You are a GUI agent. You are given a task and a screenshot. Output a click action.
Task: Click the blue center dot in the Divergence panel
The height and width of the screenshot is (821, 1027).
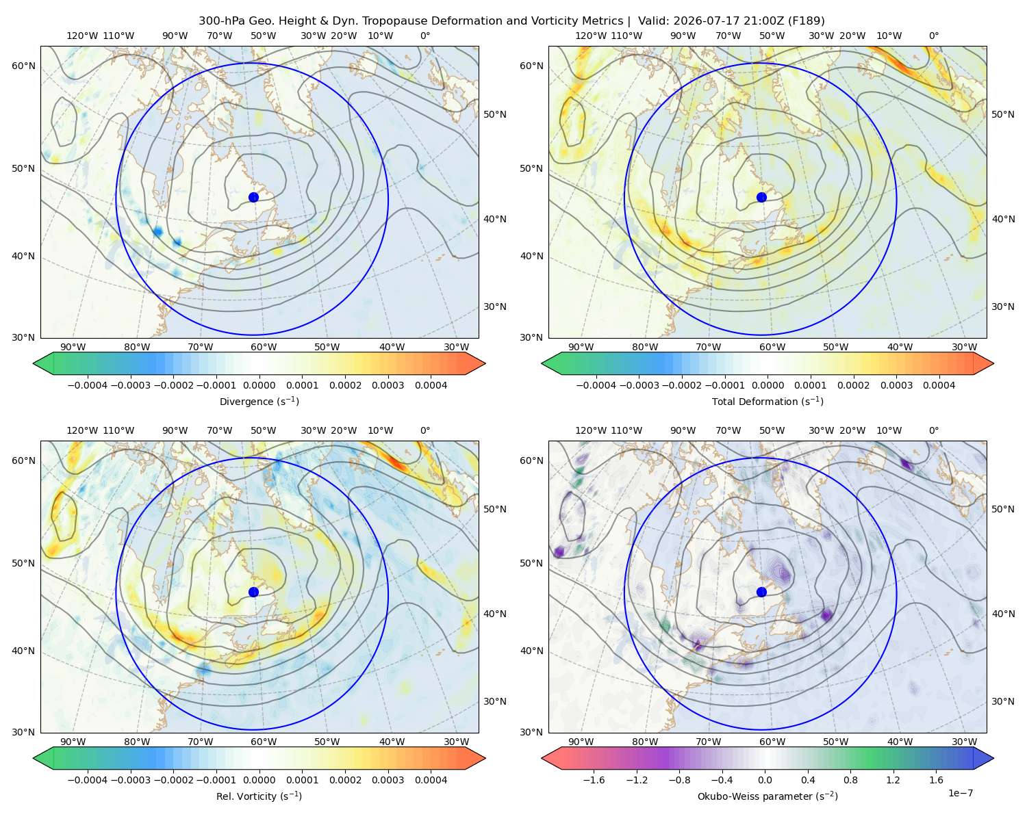pos(253,197)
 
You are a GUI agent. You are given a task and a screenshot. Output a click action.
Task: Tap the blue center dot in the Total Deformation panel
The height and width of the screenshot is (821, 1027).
pos(761,197)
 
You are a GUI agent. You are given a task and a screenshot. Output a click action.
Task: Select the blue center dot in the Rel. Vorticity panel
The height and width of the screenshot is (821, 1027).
pos(253,592)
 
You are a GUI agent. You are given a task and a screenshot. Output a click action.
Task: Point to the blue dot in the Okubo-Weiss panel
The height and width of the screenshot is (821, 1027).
pos(761,592)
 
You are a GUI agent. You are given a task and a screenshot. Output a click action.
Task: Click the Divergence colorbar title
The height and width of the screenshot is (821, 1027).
pos(259,402)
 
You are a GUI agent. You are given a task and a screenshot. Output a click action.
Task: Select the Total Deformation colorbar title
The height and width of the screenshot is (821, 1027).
pos(768,402)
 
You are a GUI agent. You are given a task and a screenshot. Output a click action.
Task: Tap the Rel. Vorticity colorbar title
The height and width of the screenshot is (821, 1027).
pos(259,796)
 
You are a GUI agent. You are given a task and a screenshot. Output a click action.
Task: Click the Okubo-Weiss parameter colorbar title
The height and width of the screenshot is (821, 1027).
pos(768,796)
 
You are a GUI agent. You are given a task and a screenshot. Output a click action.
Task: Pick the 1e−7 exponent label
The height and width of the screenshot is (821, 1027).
pos(960,794)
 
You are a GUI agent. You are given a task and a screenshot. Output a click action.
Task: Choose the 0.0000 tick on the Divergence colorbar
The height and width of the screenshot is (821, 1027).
pos(259,385)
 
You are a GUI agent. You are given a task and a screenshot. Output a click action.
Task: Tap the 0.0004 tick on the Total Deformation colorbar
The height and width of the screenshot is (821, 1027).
pos(939,385)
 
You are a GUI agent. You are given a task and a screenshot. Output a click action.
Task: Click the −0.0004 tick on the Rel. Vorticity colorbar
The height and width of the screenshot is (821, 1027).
pos(88,780)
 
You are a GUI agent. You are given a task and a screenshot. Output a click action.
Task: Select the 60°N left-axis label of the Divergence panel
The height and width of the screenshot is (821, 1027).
pos(23,66)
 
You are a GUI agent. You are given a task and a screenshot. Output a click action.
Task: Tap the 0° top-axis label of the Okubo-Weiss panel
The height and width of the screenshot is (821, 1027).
pos(933,430)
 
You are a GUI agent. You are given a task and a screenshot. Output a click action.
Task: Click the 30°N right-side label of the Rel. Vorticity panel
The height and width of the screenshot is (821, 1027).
pos(495,701)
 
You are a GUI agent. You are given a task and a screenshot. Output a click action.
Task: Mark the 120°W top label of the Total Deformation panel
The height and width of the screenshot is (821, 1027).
pos(590,36)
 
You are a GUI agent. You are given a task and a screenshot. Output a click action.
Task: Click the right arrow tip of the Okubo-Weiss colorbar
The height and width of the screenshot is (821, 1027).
pos(993,758)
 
